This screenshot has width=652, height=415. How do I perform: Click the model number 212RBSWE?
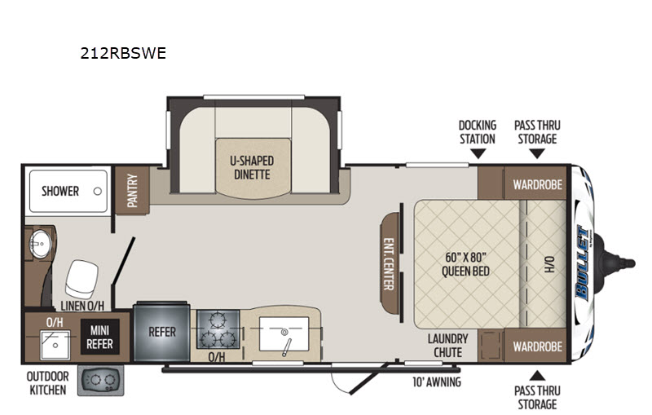coord(123,53)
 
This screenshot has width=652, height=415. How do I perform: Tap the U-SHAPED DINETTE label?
coord(252,168)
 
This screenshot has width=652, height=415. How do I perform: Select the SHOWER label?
coord(60,192)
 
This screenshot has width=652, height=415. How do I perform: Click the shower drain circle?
coord(98,192)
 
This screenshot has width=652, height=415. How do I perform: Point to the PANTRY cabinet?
coord(132,190)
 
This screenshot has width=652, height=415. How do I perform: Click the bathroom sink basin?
coord(40,244)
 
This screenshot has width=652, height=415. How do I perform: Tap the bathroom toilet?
coord(81,279)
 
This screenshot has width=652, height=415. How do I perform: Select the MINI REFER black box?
coord(99,338)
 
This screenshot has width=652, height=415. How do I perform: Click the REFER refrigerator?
coord(161,332)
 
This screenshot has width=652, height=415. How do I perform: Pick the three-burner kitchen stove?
coord(218,329)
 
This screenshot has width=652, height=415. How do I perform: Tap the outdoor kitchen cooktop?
coord(101,381)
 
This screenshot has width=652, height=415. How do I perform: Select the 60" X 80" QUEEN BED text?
coord(465,264)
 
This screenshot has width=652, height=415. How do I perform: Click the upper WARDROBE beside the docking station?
coord(535,183)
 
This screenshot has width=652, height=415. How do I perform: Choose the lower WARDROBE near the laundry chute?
coord(535,346)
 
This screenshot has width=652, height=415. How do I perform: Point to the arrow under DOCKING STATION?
coord(478,154)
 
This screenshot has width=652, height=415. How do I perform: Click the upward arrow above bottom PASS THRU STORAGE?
coord(537,376)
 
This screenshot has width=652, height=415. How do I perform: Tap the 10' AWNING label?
coord(437,382)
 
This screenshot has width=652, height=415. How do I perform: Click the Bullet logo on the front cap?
coord(582,263)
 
